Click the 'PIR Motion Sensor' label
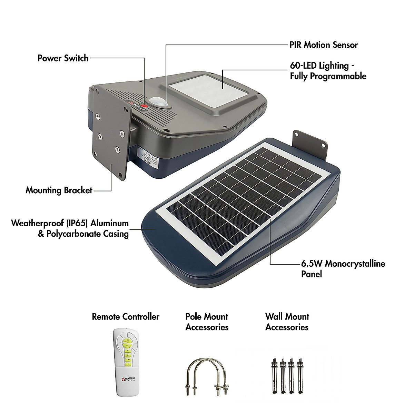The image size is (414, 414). [324, 45]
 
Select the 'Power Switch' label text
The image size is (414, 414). [63, 58]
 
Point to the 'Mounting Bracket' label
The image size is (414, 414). [59, 190]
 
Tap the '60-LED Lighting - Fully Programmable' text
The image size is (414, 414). [328, 71]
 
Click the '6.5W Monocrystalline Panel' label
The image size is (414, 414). [343, 269]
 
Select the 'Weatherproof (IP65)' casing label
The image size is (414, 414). [70, 228]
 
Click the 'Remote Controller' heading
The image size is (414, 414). [126, 317]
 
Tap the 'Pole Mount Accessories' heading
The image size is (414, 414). [207, 322]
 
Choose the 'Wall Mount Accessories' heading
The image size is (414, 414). [287, 322]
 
